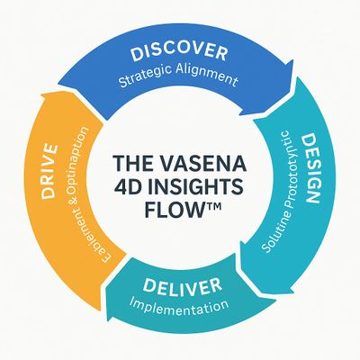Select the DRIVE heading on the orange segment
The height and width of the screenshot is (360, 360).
[50, 171]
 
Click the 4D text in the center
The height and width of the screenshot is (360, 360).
[132, 188]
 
